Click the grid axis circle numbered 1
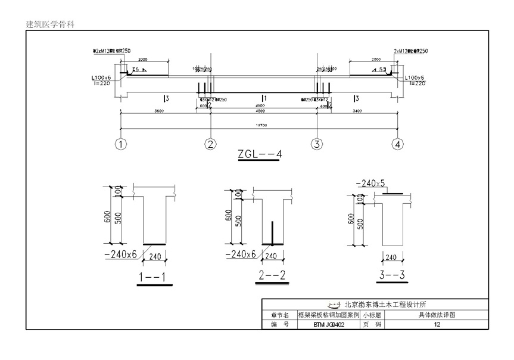pyautogui.click(x=121, y=144)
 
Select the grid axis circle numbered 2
pyautogui.click(x=210, y=144)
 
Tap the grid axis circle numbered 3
pyautogui.click(x=317, y=144)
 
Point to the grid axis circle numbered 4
pyautogui.click(x=398, y=144)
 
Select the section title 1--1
pyautogui.click(x=152, y=277)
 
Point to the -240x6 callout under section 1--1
pyautogui.click(x=122, y=255)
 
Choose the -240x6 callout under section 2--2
pyautogui.click(x=242, y=255)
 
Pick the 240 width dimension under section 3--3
pyautogui.click(x=390, y=257)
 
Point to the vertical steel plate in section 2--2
pyautogui.click(x=273, y=233)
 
